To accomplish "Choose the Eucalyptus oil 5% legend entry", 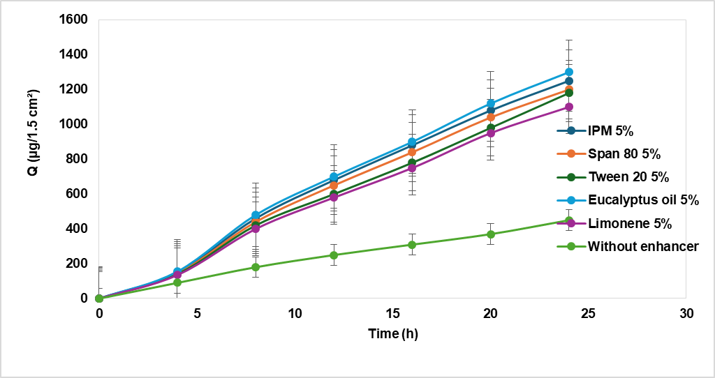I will pos(643,200).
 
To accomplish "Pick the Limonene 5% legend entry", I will pos(629,223).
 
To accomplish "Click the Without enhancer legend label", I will pos(642,246).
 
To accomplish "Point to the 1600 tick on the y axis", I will pos(74,20).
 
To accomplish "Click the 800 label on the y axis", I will pos(77,159).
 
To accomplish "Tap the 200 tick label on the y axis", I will pos(77,264).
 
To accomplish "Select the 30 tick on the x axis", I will pos(686,313).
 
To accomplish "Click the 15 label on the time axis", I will pos(392,313).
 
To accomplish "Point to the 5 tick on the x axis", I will pos(197,313).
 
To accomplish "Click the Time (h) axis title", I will pos(393,334).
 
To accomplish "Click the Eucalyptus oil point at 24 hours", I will pos(569,72).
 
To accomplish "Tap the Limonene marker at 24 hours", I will pos(569,107).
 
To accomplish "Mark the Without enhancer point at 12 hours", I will pos(334,255).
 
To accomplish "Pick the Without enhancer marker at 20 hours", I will pos(491,234).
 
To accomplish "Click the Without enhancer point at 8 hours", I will pos(256,267).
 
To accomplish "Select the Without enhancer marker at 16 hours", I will pos(412,245).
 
